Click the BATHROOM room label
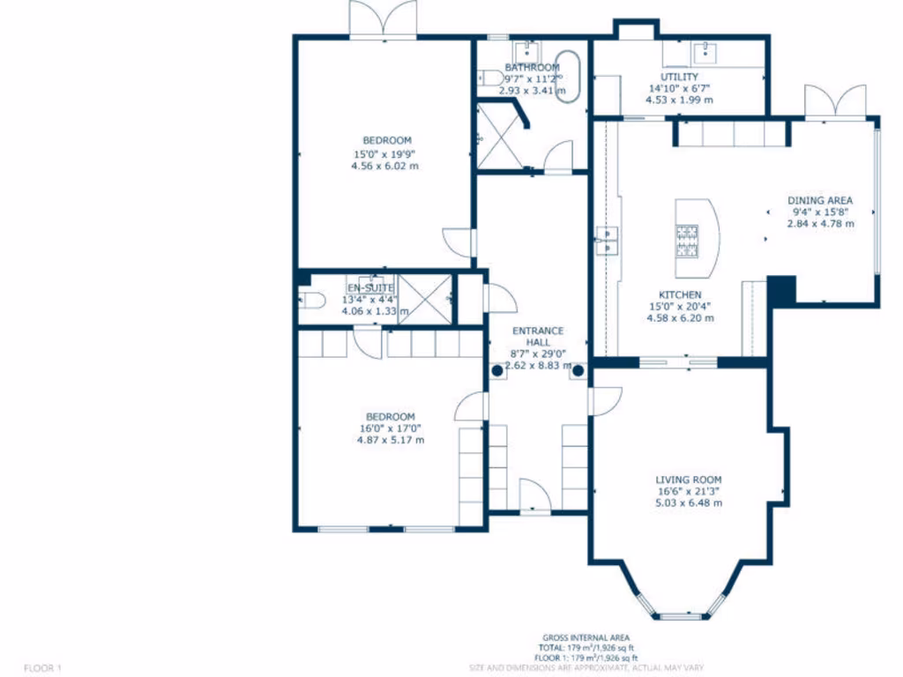click(532, 68)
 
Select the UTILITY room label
click(679, 78)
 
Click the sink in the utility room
click(706, 52)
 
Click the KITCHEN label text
click(679, 295)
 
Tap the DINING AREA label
click(820, 201)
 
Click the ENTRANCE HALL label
click(538, 338)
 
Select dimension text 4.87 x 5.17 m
click(390, 440)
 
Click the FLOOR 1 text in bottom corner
click(42, 667)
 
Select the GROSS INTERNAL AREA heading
click(586, 638)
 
